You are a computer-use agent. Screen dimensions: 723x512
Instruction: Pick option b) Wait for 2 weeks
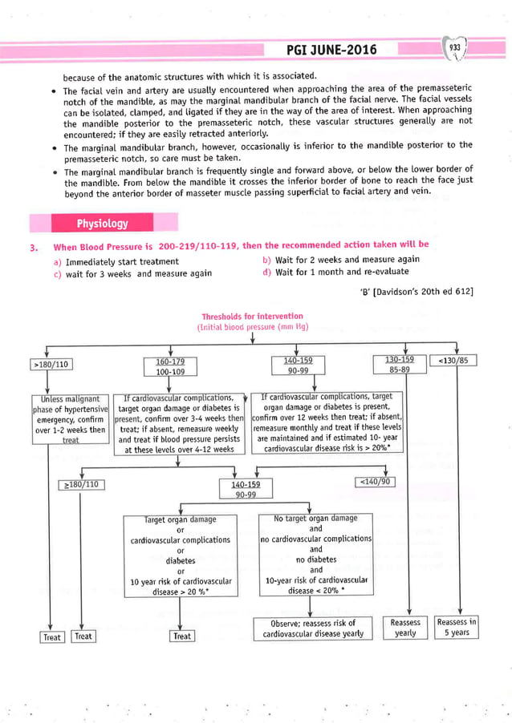pos(341,259)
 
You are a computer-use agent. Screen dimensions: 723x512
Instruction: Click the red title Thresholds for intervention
pos(252,317)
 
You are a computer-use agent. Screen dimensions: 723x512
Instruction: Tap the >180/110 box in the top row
pos(51,365)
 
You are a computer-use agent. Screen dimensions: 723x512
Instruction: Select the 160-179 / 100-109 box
pos(169,366)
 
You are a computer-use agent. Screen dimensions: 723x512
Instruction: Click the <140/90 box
pos(374,481)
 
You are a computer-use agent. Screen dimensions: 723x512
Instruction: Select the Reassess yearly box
pos(405,627)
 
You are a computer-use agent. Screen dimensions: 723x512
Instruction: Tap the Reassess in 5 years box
pos(456,627)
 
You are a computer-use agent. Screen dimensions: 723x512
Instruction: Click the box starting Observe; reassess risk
pos(312,628)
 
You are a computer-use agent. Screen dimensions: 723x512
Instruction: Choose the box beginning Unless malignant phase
pos(71,418)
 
